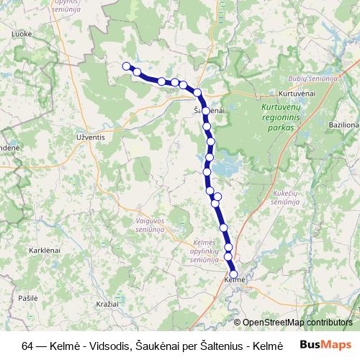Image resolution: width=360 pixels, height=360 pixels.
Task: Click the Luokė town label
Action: point(22,33)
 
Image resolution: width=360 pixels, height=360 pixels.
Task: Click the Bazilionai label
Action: point(343,125)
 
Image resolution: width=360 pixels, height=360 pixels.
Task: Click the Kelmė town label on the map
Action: point(235,279)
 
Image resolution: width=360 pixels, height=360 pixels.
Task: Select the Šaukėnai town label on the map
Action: point(209,110)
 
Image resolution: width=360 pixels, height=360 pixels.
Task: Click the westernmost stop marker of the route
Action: point(126,66)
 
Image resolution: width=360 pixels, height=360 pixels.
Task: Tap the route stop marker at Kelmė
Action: point(233,274)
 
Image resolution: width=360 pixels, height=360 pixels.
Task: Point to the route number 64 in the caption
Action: point(27,344)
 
